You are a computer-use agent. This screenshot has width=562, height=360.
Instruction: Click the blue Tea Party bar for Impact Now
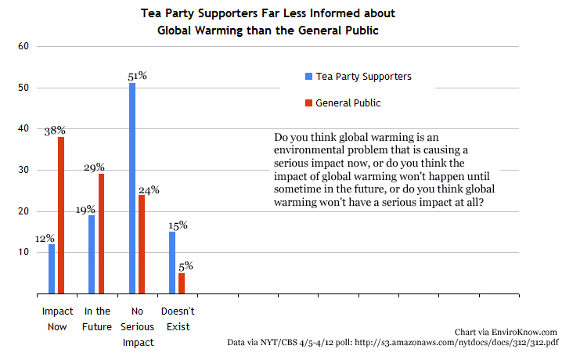pos(52,269)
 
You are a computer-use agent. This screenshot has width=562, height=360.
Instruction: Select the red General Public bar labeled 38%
pos(61,215)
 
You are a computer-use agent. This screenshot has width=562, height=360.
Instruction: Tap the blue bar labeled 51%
pos(132,188)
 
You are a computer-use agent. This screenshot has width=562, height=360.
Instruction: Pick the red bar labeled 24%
pos(142,244)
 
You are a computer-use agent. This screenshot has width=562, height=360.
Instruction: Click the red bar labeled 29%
pos(101,234)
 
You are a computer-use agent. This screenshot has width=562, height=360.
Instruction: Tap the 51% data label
pos(137,76)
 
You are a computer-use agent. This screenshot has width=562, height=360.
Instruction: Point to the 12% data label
pos(45,237)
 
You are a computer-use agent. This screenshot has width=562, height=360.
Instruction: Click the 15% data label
pos(177,225)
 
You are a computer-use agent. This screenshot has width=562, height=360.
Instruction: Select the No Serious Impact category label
pos(137,326)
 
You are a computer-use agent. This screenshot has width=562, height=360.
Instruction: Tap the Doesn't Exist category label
pos(177,319)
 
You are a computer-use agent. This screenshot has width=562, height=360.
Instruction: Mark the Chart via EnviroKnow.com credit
pos(506,332)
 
